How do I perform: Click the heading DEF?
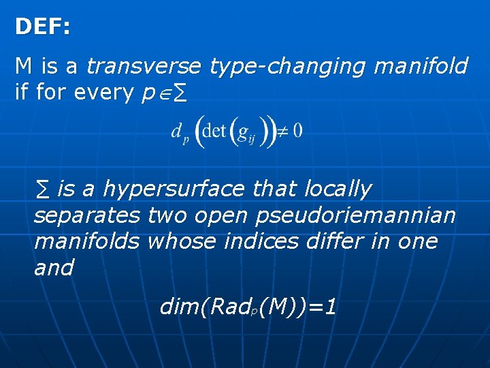tap(42, 27)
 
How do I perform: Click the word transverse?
tap(144, 67)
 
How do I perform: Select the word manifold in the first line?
tap(421, 67)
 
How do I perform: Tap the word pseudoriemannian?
tap(356, 215)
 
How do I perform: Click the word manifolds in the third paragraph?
tap(87, 241)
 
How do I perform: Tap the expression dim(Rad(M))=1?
tap(248, 307)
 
